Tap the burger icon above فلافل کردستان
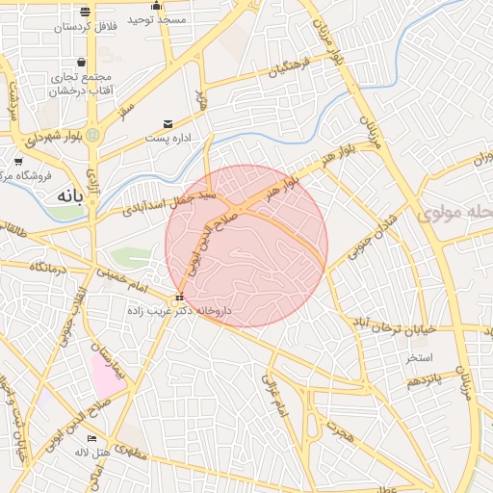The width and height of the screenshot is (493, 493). click(86, 12)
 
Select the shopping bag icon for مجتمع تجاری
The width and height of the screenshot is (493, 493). click(92, 62)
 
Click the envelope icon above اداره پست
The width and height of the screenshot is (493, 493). click(169, 124)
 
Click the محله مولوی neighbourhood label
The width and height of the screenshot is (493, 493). click(453, 211)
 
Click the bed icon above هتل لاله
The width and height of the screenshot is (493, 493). click(91, 438)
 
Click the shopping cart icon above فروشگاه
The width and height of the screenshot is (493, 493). click(18, 161)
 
